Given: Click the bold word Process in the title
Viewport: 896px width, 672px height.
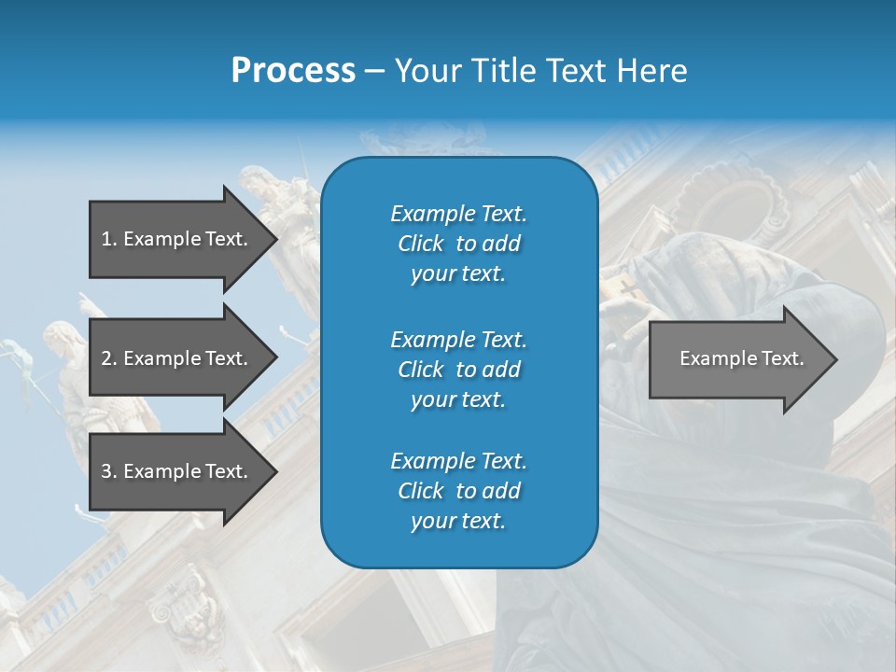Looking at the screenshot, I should (293, 71).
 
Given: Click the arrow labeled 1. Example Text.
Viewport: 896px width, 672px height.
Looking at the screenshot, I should (177, 239).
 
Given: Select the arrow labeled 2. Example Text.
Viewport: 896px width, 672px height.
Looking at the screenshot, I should (177, 358).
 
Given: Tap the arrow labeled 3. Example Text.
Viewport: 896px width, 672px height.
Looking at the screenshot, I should (177, 471).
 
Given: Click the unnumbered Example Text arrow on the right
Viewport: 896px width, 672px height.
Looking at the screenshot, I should (737, 358).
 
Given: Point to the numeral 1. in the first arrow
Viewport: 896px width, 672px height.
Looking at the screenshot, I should (109, 239).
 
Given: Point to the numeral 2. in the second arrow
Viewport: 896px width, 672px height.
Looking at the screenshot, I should (109, 358).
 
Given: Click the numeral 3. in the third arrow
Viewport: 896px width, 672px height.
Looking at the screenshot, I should (109, 471).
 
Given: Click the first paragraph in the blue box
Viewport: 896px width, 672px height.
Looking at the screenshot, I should (458, 244).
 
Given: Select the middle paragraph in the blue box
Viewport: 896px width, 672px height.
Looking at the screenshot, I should (458, 369).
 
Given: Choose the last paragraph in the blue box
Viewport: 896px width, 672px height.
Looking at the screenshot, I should (458, 490).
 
